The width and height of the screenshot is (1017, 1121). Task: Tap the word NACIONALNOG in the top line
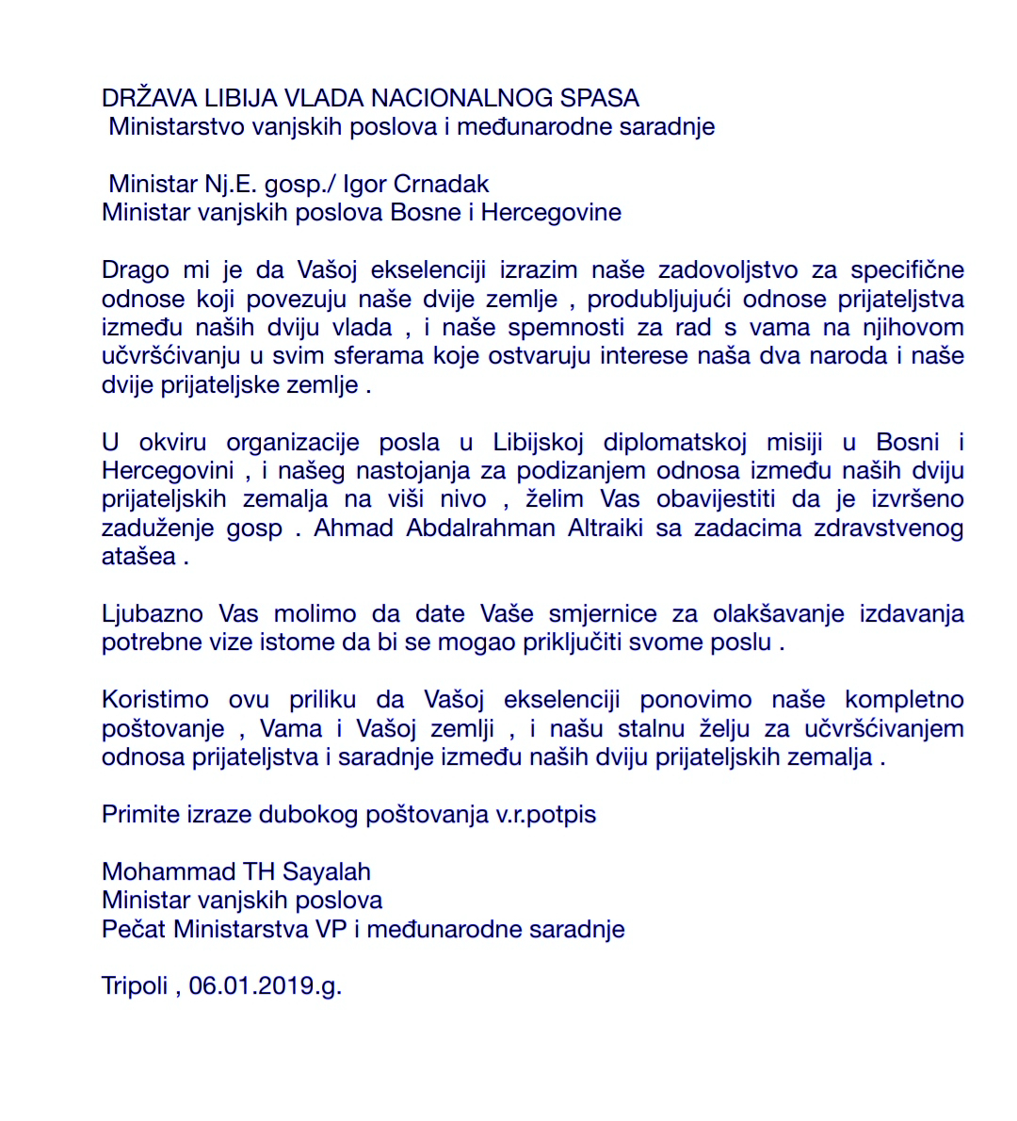(x=462, y=98)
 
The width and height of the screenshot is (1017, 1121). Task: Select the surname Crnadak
(x=442, y=184)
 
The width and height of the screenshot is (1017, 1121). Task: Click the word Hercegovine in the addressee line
(x=551, y=212)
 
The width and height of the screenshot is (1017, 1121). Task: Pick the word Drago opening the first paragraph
(x=136, y=270)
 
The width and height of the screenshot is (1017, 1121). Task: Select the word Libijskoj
(x=539, y=443)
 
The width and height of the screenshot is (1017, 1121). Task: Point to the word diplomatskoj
(x=675, y=443)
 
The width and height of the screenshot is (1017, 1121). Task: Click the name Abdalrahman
(x=481, y=528)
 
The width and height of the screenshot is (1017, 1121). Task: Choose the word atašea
(x=138, y=558)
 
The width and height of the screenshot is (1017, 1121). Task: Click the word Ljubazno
(x=153, y=614)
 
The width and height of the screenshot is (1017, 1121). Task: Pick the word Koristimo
(x=155, y=700)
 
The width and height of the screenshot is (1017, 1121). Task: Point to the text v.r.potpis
(x=546, y=815)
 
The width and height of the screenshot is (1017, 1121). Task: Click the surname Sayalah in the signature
(x=327, y=872)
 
